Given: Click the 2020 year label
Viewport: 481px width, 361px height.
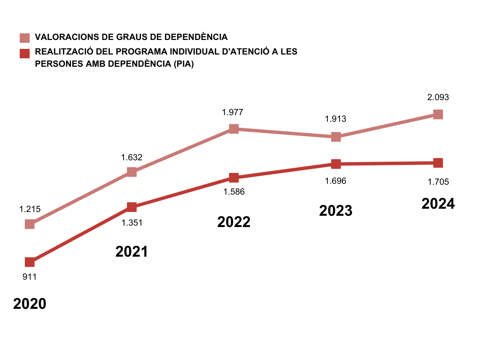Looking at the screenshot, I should pyautogui.click(x=30, y=304).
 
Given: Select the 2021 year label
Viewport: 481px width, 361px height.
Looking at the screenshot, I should pyautogui.click(x=132, y=251).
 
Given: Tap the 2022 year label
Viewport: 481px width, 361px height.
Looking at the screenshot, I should pyautogui.click(x=234, y=222).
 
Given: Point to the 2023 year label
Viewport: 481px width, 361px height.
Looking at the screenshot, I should pyautogui.click(x=335, y=211).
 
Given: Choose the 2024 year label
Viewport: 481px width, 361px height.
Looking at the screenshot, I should pyautogui.click(x=438, y=204).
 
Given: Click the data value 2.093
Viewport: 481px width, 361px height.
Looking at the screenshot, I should pyautogui.click(x=438, y=98).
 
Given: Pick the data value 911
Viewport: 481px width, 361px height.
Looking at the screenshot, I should pyautogui.click(x=30, y=277).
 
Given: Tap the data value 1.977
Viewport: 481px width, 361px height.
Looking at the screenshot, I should pyautogui.click(x=233, y=112).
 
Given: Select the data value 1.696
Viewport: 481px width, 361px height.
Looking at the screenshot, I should pyautogui.click(x=335, y=180).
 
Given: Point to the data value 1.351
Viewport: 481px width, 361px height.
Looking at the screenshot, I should pyautogui.click(x=132, y=223).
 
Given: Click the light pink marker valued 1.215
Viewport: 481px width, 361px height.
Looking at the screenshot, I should pyautogui.click(x=30, y=224).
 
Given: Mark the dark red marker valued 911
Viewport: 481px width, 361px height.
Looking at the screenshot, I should pyautogui.click(x=30, y=262).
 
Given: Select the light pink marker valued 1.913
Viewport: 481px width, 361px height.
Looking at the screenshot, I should pyautogui.click(x=336, y=137).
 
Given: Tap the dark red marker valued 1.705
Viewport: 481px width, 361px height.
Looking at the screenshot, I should pyautogui.click(x=438, y=163).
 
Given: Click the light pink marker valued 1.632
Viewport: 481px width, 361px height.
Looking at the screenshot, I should pyautogui.click(x=132, y=172).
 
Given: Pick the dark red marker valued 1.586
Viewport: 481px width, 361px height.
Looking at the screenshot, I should pyautogui.click(x=234, y=178).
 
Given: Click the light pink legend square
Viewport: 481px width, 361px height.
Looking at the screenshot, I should pyautogui.click(x=24, y=38).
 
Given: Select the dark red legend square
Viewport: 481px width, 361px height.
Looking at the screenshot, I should pyautogui.click(x=24, y=53).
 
